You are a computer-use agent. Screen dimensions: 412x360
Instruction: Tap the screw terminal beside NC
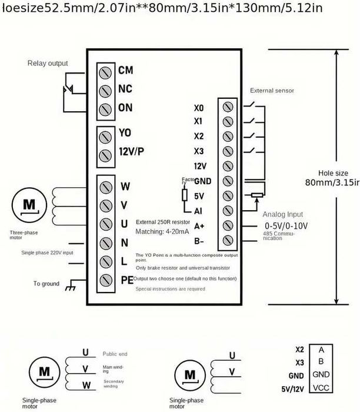click(x=105, y=91)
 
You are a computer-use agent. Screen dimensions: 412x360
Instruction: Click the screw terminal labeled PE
click(x=105, y=280)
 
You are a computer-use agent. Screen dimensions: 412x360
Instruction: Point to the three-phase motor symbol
click(x=30, y=205)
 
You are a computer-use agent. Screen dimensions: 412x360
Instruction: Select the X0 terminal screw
click(x=228, y=107)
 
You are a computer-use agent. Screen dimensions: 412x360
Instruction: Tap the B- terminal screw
click(x=228, y=240)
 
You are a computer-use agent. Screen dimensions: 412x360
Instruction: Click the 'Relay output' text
click(x=48, y=64)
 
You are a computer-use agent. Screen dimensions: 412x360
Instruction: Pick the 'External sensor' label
click(x=272, y=91)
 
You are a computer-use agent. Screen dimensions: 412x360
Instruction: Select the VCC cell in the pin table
click(x=321, y=387)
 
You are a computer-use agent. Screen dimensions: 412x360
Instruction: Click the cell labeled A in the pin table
click(x=321, y=348)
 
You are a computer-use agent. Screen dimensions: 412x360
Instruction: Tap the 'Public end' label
click(x=115, y=354)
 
